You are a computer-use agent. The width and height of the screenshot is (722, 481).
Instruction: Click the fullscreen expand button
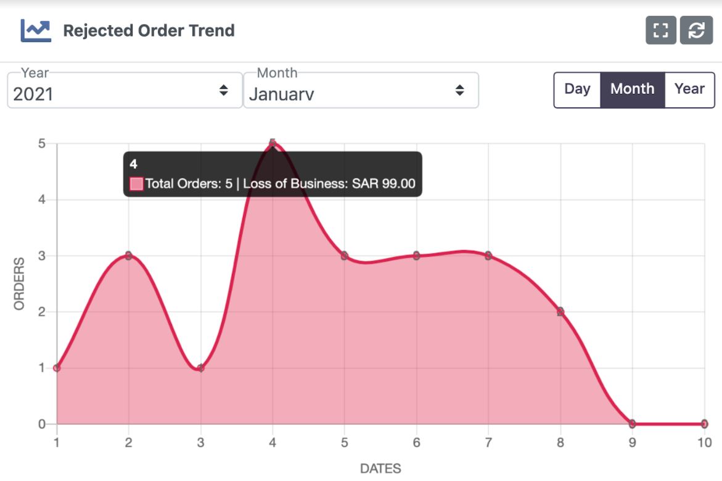661,30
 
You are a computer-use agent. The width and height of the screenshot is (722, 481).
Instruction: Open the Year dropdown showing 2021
125,90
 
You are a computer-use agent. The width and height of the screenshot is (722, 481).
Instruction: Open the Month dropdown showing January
361,90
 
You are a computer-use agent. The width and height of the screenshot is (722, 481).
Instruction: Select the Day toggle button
577,90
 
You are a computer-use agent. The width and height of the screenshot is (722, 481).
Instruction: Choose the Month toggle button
632,90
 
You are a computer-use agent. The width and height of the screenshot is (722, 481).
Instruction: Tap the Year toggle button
689,90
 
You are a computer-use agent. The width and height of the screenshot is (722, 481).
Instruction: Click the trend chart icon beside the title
36,30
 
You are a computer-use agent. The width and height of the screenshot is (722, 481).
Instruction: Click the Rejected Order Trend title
149,30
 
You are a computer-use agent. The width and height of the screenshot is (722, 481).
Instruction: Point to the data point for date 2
128,256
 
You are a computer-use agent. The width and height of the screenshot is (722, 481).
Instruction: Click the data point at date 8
560,312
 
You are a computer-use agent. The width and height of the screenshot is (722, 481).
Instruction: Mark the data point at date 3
200,368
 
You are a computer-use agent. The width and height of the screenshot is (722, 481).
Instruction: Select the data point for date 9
632,424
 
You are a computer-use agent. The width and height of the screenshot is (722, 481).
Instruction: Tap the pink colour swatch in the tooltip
136,183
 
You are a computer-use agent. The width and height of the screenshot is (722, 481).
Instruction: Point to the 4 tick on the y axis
42,199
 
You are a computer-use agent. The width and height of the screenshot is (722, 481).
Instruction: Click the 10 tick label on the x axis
705,443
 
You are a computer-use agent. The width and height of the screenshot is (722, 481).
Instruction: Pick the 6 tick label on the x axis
417,443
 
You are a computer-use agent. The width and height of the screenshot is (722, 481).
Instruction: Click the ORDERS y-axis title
20,283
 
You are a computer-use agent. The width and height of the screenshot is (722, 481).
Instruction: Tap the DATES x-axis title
380,469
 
